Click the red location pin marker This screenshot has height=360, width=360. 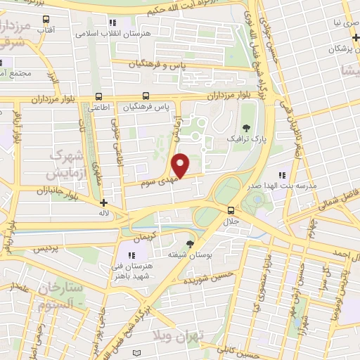tap(181, 165)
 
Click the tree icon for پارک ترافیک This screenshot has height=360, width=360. tap(246, 127)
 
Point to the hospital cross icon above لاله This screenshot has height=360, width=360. tap(105, 202)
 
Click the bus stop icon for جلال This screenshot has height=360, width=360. tap(231, 210)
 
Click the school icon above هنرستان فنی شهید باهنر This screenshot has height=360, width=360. tap(131, 255)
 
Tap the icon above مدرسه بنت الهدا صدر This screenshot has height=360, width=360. tap(281, 175)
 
